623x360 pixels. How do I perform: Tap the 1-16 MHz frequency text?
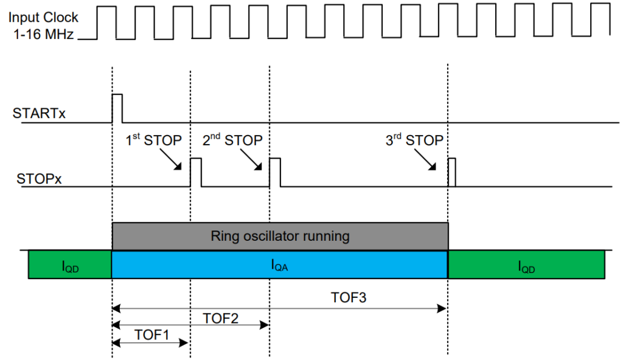pos(43,35)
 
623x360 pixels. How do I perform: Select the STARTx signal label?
pos(39,113)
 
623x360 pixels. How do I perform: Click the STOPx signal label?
pos(38,180)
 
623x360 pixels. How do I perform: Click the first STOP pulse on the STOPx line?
pos(196,172)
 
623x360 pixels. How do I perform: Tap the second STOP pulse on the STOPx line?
pos(275,172)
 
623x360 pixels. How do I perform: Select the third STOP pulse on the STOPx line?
pos(451,172)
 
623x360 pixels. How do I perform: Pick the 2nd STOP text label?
pos(232,140)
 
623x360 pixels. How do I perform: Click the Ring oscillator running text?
pos(280,235)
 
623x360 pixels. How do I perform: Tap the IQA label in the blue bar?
pos(280,265)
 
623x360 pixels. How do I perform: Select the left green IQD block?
pos(70,265)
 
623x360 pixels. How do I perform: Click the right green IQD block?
pos(527,265)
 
